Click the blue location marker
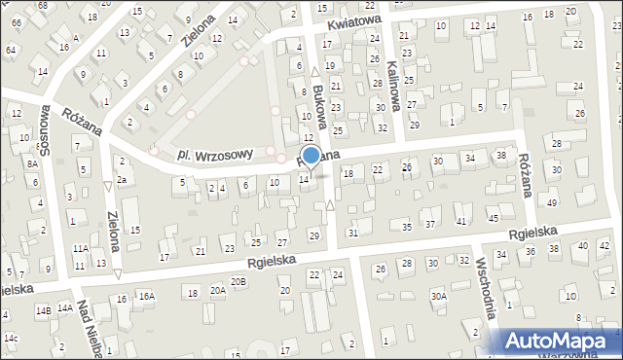[311, 156]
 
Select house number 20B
[238, 281]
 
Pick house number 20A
[217, 290]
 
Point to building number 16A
[146, 296]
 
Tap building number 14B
[43, 311]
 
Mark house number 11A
[80, 249]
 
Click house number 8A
[32, 164]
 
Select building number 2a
[122, 180]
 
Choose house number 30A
[439, 296]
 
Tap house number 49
[552, 202]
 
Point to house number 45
[494, 219]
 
